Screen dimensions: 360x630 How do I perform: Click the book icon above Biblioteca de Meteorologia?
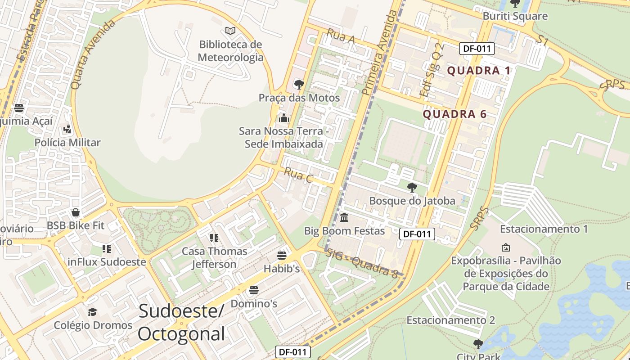pos(230,31)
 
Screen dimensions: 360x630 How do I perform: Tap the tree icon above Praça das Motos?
pos(299,84)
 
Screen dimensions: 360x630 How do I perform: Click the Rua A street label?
pos(341,36)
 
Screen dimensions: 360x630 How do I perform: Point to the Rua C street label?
pos(298,175)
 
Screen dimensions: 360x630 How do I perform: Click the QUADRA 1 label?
pos(479,71)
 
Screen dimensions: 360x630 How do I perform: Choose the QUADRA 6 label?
pos(454,114)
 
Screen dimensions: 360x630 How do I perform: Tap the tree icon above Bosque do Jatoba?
pos(412,187)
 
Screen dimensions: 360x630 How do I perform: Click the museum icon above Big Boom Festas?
pos(344,218)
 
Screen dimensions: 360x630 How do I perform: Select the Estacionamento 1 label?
pos(544,229)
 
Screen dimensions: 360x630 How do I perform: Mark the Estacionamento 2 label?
pos(450,320)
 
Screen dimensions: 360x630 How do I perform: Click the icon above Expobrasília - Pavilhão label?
pos(506,247)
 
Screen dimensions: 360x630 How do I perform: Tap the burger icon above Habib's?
pos(282,256)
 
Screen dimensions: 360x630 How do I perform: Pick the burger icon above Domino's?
pos(254,290)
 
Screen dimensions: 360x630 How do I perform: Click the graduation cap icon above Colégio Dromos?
pos(93,312)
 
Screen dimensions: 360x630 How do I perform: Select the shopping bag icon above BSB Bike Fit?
pos(76,212)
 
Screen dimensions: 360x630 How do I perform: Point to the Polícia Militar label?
pos(67,143)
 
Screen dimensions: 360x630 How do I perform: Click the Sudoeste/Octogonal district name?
pos(181,322)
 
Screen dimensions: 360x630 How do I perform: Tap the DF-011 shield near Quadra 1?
pos(477,49)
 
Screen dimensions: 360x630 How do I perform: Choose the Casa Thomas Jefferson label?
pos(214,257)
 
